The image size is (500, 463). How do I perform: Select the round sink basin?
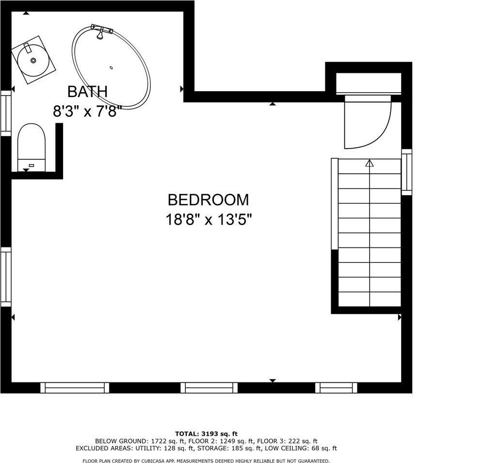tap(33, 61)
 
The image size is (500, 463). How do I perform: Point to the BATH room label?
tap(87, 91)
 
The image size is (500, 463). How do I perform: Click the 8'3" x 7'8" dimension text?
tap(87, 112)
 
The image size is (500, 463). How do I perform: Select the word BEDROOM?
tap(208, 200)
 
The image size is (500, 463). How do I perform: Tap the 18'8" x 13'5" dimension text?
tap(209, 220)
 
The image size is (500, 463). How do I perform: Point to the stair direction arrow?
tap(370, 164)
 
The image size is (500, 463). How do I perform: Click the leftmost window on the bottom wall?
tap(75, 387)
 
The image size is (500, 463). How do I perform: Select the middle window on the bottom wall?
tap(209, 387)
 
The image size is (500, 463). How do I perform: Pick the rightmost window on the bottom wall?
tap(336, 387)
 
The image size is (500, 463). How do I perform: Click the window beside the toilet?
tap(5, 113)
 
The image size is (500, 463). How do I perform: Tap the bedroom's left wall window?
tap(5, 277)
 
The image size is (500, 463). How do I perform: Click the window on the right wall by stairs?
tap(406, 172)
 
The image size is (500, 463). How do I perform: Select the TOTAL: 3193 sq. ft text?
tap(206, 433)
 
